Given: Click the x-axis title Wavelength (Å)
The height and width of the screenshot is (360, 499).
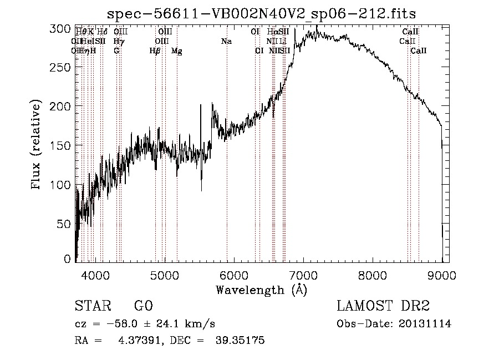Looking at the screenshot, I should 261,289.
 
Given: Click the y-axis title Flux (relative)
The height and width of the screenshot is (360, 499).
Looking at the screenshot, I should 37,145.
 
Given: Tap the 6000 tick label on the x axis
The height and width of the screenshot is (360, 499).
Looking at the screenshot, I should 234,275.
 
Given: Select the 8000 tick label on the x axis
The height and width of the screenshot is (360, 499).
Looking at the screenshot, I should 373,275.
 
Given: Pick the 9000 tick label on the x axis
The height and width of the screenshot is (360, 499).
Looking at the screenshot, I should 442,275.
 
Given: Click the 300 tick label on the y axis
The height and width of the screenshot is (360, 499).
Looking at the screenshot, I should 63,28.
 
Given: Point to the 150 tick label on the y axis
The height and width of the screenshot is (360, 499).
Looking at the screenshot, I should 63,145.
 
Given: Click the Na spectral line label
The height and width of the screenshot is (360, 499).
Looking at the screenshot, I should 226,41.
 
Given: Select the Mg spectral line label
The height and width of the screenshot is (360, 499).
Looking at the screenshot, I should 176,51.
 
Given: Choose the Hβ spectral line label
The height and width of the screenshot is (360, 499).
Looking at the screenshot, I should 155,51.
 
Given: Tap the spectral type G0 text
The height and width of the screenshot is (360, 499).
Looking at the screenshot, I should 143,306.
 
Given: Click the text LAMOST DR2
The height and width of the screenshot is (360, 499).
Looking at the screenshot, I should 383,306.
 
